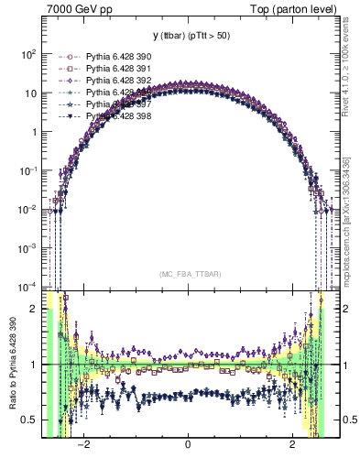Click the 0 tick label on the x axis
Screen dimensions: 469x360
pos(188,445)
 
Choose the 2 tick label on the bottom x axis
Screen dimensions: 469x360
pos(292,445)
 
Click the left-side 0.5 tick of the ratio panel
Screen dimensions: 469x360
pos(30,420)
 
